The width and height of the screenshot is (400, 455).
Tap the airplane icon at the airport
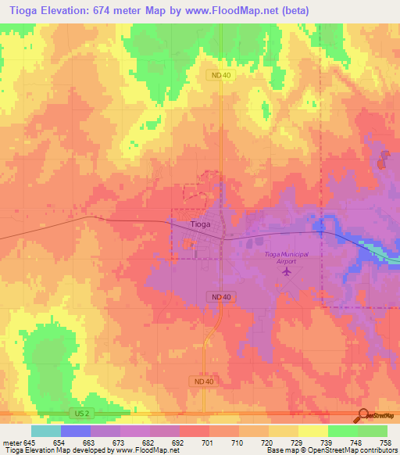(286, 272)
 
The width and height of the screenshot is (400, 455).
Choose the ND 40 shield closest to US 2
(202, 381)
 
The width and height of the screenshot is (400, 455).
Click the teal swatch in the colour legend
(46, 431)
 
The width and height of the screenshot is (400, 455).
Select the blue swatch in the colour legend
(76, 431)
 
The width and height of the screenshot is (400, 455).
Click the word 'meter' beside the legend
(12, 442)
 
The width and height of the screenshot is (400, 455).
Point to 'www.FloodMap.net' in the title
(239, 10)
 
